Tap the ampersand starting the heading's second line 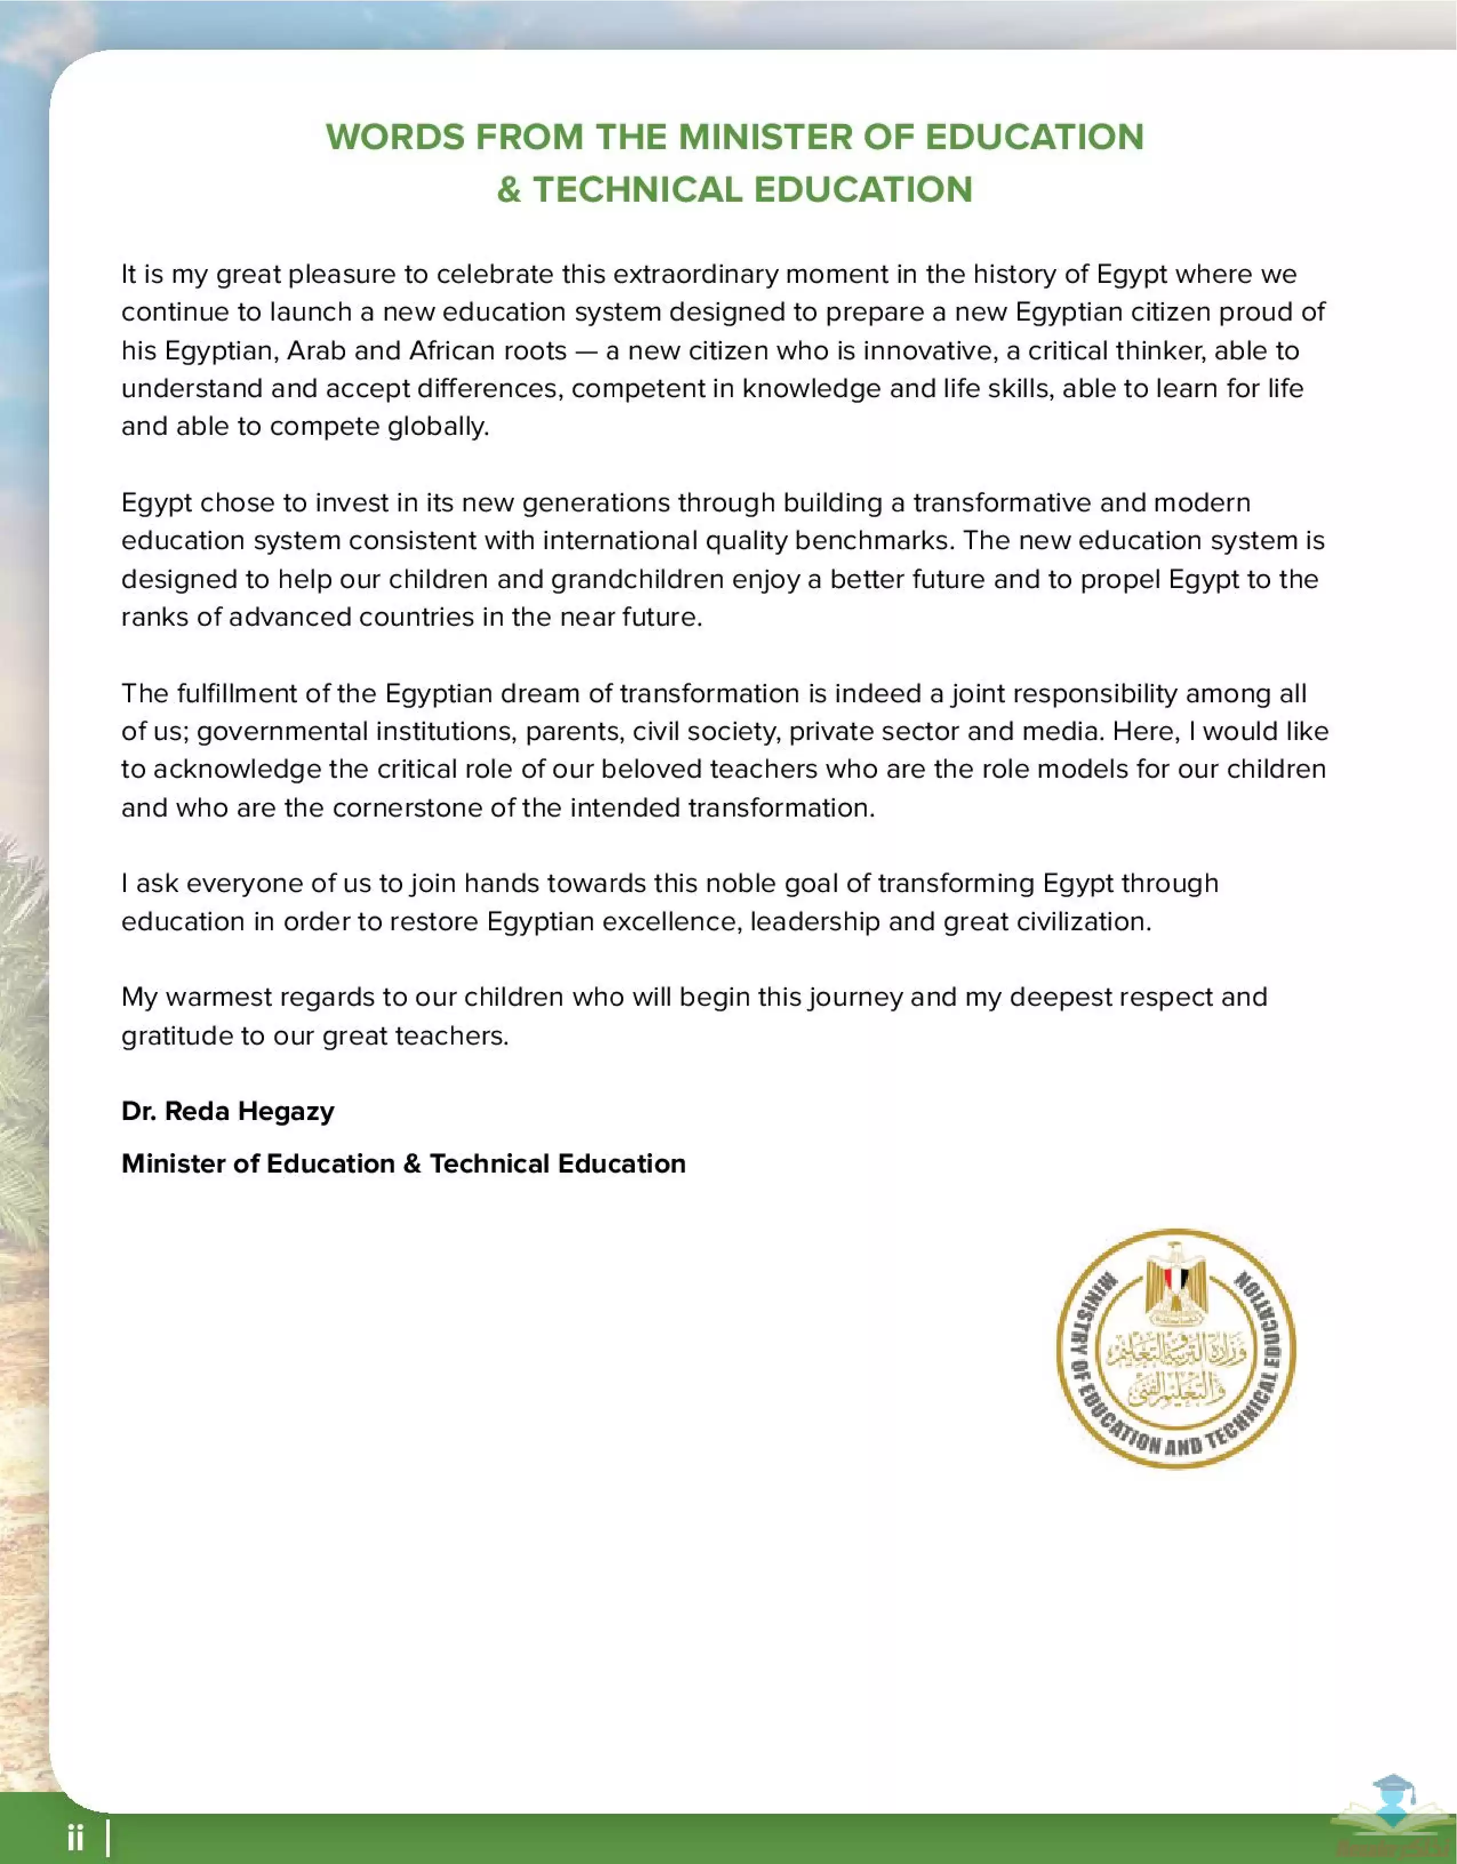tap(509, 190)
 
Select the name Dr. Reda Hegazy tap(228, 1111)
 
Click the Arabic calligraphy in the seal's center tap(1176, 1366)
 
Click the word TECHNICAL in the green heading tap(638, 190)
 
